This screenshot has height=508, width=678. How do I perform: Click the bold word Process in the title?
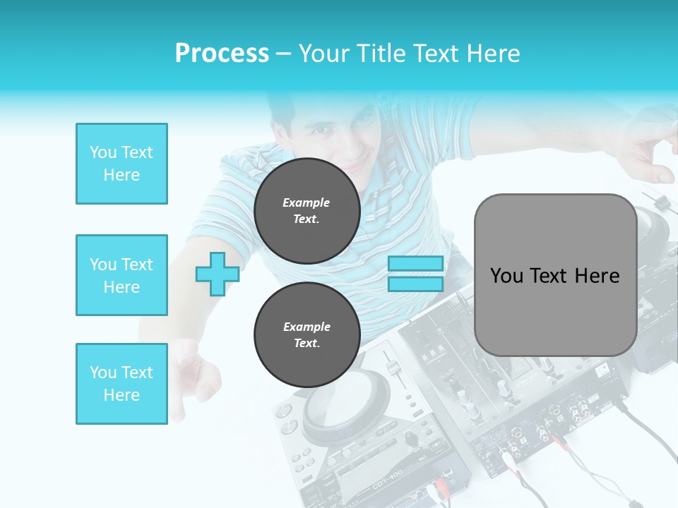coord(222,54)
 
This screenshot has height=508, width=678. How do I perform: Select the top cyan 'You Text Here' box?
coord(121,164)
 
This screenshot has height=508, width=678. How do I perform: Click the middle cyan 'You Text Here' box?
coord(121,275)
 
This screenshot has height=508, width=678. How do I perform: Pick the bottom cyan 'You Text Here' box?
coord(121,383)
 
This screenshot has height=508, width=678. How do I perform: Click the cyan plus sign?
coord(217,274)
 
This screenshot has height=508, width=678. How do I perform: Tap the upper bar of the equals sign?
coord(416,263)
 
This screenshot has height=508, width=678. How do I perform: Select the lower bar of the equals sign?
coord(416,284)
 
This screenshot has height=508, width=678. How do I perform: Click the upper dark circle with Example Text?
coord(307,210)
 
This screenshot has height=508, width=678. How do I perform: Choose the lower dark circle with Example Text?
coord(307,334)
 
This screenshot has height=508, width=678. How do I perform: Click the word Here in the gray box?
coord(597,275)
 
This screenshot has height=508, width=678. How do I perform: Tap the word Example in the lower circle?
coord(307,327)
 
